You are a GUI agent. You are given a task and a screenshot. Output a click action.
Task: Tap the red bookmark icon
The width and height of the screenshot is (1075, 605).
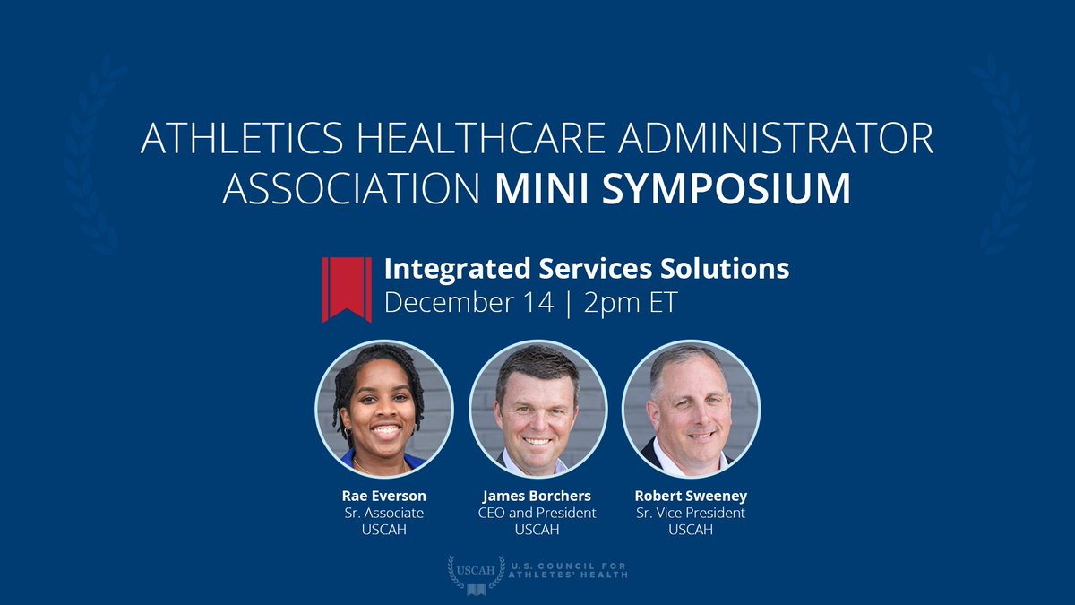pos(347,289)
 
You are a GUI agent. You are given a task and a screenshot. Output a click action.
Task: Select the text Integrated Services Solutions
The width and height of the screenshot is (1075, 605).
pos(587,269)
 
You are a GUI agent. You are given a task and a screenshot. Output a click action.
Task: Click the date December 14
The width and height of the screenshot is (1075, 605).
pos(456,302)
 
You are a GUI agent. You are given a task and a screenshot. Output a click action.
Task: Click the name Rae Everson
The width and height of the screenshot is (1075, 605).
pos(384,496)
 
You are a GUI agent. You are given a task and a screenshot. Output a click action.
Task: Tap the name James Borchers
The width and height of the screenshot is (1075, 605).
pos(537,496)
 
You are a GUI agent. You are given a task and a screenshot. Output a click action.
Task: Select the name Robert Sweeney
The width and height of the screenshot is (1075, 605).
pos(691,496)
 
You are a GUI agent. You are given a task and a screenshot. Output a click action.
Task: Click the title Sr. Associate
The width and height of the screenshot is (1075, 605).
pos(384,513)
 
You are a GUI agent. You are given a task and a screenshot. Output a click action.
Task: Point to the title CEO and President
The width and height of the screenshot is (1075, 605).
pos(537,513)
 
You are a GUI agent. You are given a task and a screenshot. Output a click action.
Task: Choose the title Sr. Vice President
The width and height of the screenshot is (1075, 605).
pos(691,513)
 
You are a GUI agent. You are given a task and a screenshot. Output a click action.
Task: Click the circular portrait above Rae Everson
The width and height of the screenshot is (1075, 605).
pos(384,410)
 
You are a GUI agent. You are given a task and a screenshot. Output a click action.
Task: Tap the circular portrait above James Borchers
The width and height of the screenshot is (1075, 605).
pos(537,410)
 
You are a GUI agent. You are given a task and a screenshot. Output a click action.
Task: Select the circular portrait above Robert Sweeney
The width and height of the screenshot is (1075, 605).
pos(691,410)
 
